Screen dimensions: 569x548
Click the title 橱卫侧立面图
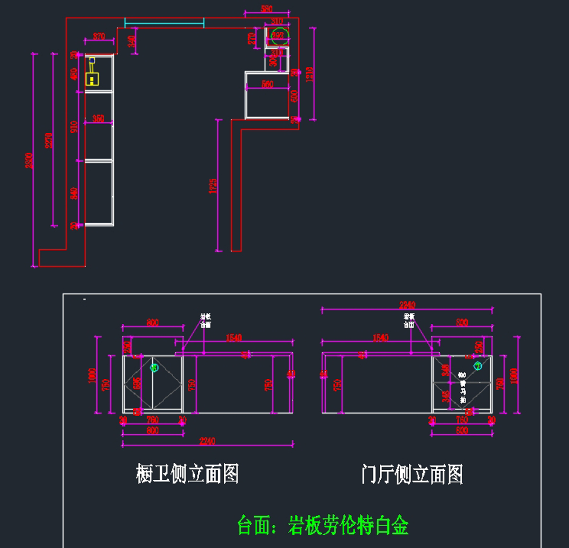click(x=187, y=474)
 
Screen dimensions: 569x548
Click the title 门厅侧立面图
click(x=412, y=474)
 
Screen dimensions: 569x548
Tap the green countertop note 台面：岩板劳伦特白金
click(x=322, y=525)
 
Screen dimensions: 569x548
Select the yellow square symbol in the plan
click(x=92, y=79)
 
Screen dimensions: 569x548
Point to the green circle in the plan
click(x=278, y=36)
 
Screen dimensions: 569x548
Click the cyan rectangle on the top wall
click(x=164, y=22)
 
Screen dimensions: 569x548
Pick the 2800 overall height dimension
click(x=29, y=160)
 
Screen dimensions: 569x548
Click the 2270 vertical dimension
click(x=49, y=140)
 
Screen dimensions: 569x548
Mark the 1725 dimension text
click(x=213, y=186)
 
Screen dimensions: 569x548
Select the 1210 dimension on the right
click(x=309, y=74)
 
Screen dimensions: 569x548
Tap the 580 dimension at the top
click(x=266, y=9)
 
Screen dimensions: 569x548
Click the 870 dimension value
click(x=99, y=37)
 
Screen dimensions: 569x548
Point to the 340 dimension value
click(x=132, y=41)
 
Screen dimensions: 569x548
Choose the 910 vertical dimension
click(x=74, y=127)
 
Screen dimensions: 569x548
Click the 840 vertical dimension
click(x=74, y=193)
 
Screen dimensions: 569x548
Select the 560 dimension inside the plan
click(x=267, y=84)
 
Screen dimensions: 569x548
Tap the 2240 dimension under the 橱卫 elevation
click(x=207, y=441)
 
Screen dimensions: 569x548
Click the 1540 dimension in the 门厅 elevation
click(x=380, y=338)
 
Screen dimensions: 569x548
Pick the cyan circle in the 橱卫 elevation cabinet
click(x=154, y=367)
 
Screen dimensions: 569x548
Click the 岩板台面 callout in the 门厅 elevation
click(x=409, y=320)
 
